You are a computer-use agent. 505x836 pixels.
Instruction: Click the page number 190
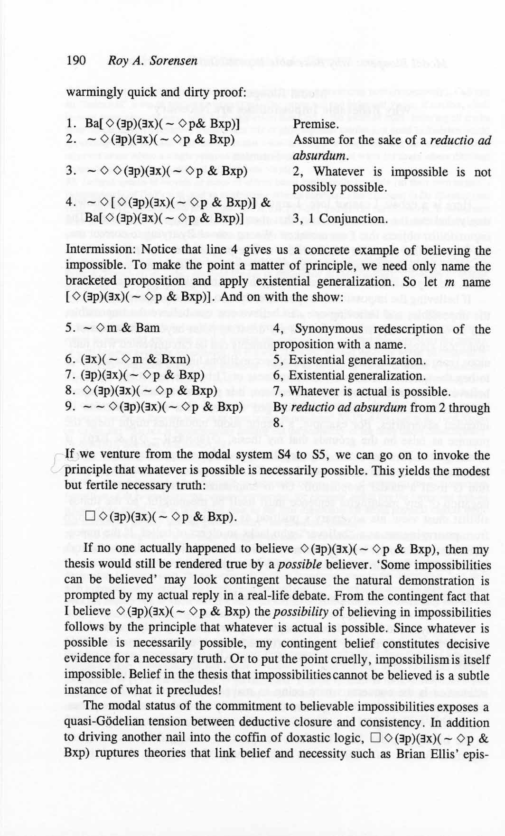76,60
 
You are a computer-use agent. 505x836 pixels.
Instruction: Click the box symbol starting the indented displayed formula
91,516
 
